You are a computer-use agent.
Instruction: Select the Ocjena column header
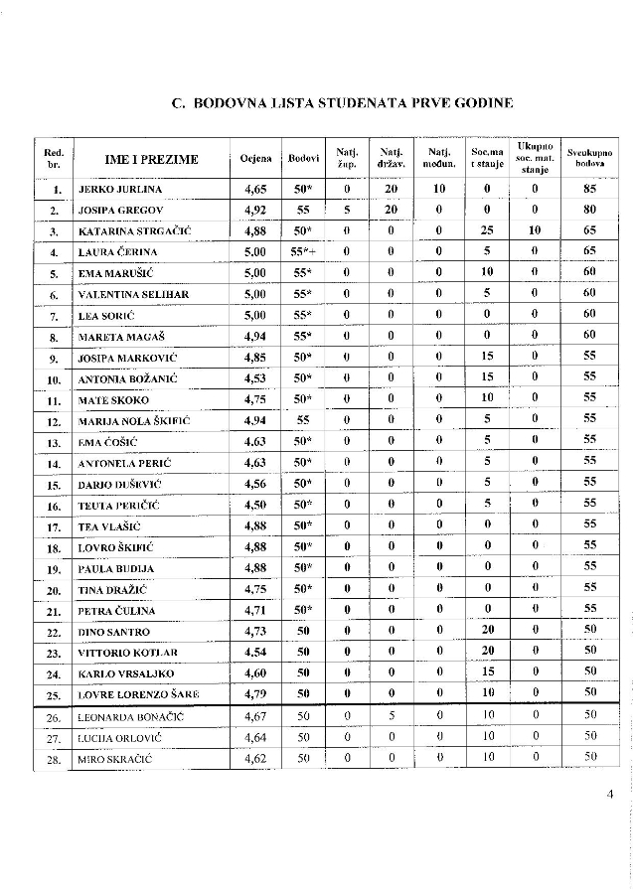(255, 159)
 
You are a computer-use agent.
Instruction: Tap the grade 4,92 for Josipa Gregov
(255, 210)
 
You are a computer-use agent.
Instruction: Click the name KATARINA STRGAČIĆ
(134, 231)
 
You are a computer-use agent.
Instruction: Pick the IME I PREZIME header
(151, 159)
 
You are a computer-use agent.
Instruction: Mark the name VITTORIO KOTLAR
(127, 653)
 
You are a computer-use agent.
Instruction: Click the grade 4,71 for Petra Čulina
(255, 610)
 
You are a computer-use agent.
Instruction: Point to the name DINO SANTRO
(114, 632)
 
